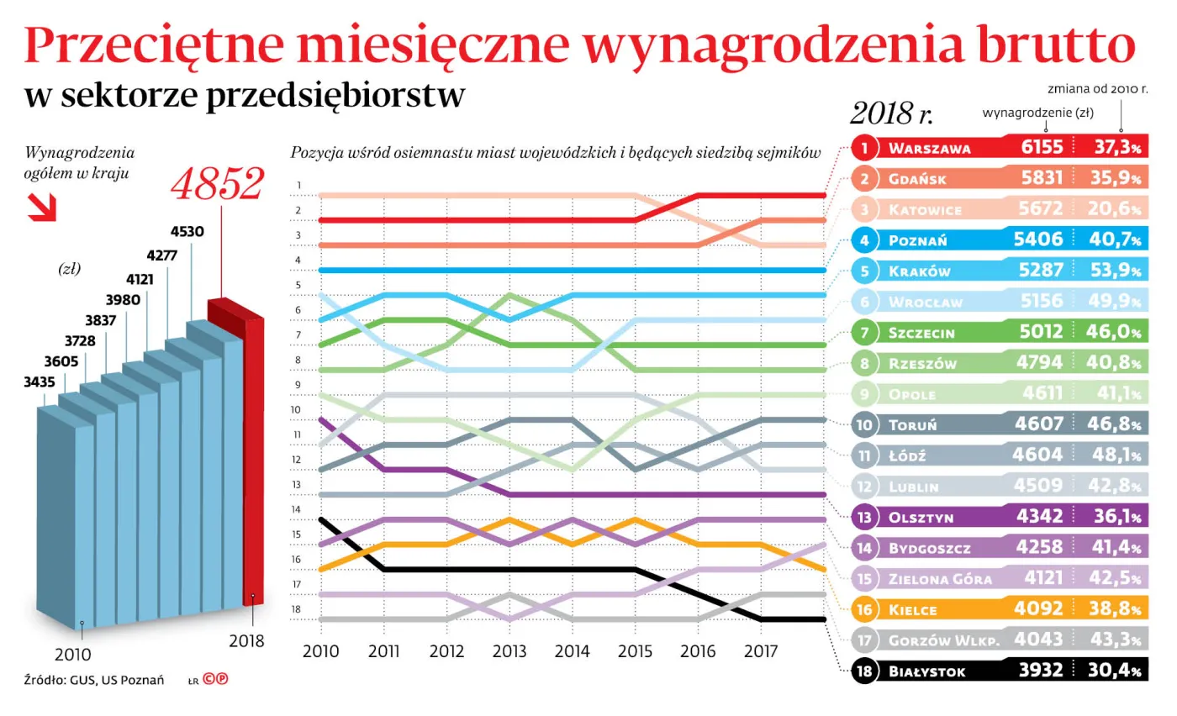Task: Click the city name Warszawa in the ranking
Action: [x=929, y=149]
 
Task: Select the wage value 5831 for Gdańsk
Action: [x=1042, y=179]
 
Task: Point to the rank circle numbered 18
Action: [x=863, y=671]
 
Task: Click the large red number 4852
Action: [x=218, y=184]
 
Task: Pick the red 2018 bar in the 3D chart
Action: [x=252, y=454]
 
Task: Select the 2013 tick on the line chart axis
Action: [x=509, y=650]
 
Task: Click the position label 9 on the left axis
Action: [x=298, y=386]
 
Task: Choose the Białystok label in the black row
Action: [x=927, y=671]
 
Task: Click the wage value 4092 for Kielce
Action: [x=1042, y=609]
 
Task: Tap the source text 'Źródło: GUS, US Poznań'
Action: [x=93, y=679]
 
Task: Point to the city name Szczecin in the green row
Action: [x=921, y=333]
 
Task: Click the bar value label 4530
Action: [x=187, y=231]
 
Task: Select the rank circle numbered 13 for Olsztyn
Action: [x=863, y=517]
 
